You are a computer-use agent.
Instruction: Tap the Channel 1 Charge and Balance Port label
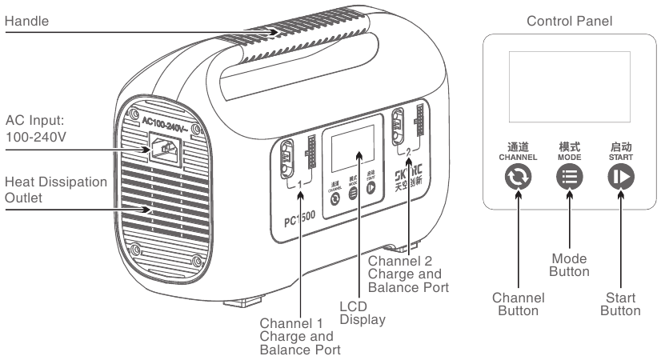(x=300, y=335)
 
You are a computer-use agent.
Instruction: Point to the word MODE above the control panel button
(x=569, y=157)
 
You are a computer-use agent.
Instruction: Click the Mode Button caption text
(x=569, y=265)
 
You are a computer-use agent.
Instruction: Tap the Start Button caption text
(x=620, y=304)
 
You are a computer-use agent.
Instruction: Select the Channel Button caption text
(x=518, y=304)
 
